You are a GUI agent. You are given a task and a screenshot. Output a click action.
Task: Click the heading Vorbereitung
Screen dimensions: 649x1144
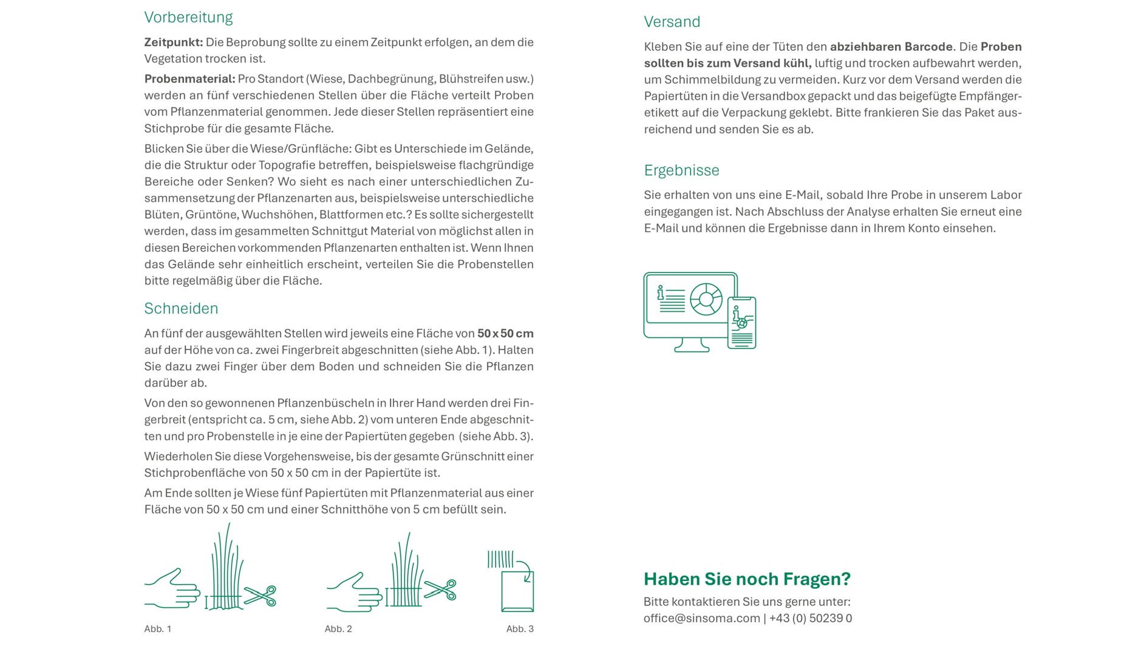(188, 18)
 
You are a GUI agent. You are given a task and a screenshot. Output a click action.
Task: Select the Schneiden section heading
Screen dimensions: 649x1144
(181, 309)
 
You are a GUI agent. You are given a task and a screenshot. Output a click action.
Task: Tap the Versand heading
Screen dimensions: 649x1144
(672, 22)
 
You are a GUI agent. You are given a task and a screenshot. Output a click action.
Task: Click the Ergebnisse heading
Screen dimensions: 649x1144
(681, 170)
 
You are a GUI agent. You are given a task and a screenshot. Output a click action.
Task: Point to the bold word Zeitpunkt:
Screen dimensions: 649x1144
(174, 42)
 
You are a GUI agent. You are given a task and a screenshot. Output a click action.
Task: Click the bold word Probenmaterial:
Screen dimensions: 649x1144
(189, 79)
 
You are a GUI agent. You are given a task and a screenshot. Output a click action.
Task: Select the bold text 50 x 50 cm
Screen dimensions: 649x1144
(505, 334)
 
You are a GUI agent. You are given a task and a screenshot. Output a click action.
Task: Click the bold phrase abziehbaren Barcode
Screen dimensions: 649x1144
(891, 47)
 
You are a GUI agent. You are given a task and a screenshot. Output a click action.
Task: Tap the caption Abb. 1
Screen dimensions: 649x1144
(158, 629)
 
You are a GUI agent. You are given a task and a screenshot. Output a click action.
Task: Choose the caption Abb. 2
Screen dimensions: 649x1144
(338, 629)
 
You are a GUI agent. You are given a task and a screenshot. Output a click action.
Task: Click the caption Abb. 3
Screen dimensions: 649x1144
(520, 629)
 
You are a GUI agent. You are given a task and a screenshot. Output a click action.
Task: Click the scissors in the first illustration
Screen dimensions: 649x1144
(260, 596)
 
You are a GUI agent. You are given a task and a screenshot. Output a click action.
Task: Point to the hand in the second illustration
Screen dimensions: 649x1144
(353, 593)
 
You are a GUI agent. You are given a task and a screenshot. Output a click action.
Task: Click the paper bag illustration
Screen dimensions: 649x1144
(517, 590)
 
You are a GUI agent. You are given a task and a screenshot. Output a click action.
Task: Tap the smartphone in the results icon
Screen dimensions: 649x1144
(741, 323)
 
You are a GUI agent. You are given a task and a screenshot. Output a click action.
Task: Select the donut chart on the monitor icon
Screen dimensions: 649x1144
(706, 299)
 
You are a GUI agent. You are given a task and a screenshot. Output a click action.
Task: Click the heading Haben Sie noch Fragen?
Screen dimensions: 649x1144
(747, 579)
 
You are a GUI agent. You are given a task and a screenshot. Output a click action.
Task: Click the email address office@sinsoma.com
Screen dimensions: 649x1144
(701, 619)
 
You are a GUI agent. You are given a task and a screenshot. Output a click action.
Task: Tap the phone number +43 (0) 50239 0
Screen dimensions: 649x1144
(810, 619)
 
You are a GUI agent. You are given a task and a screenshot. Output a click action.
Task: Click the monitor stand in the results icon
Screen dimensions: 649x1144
(692, 346)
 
